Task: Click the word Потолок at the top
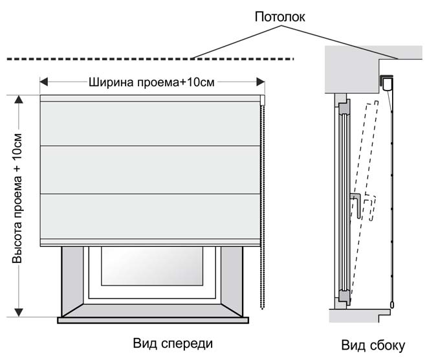tap(279, 17)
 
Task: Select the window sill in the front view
tap(153, 320)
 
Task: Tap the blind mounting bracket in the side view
tap(386, 84)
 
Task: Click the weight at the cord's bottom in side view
tap(392, 305)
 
